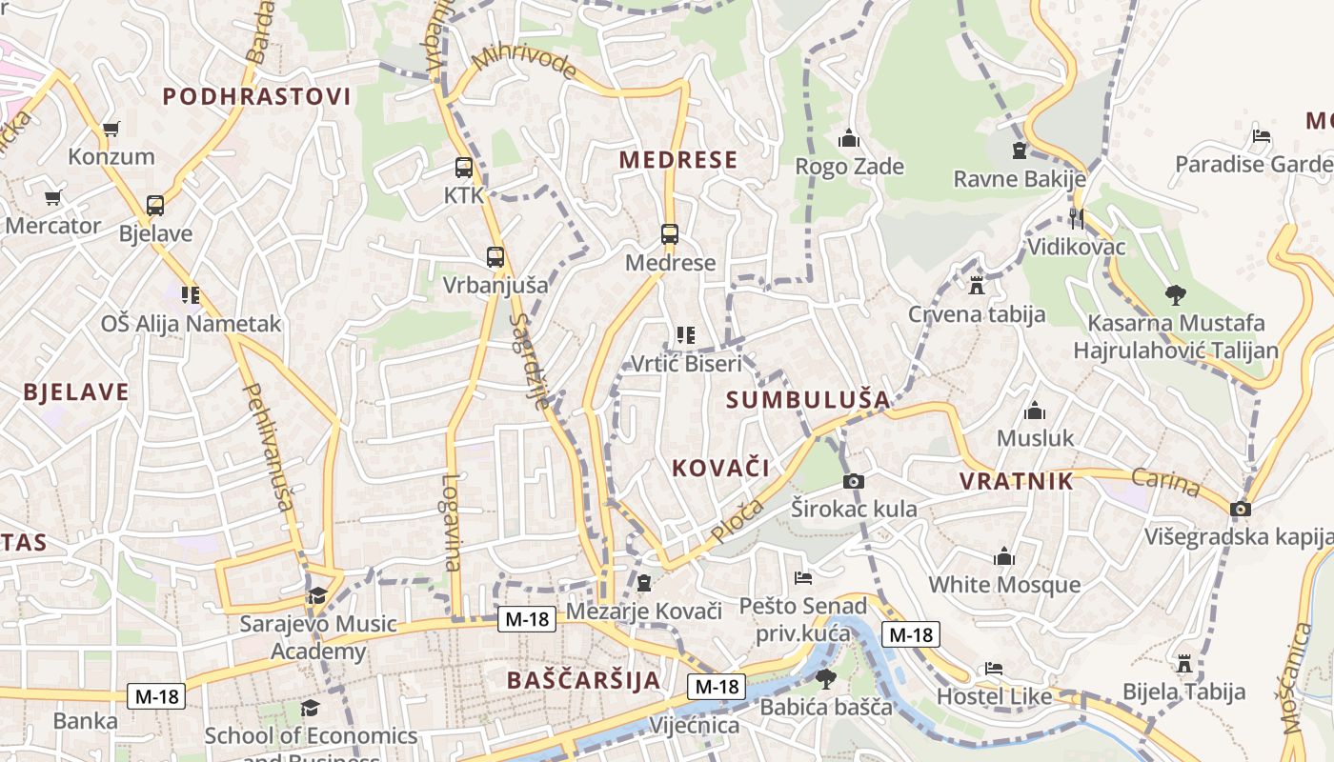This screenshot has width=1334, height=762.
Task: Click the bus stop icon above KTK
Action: coord(464,169)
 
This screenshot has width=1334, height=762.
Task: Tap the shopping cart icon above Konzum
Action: coord(111,130)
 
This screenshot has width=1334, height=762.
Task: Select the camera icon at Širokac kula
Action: coord(854,481)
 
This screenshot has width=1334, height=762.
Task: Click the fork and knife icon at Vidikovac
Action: coord(1077,219)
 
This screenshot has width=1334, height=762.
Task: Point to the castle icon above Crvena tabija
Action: coord(976,285)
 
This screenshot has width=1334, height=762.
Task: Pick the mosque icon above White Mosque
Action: coord(1004,556)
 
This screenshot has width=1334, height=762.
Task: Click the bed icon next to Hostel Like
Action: coord(994,669)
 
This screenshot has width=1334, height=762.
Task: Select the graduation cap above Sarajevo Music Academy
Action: coord(316,596)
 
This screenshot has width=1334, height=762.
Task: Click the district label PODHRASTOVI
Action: coord(257,96)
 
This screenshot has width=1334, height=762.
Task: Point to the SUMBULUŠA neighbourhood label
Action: coord(808,400)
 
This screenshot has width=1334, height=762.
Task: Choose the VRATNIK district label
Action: coord(1017,481)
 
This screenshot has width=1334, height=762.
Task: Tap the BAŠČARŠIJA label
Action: coord(584,680)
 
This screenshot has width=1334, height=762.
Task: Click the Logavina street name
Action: coord(451,523)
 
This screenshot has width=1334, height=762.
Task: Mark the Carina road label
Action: coord(1166,483)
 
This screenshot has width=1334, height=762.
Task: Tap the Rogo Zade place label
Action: coord(850,167)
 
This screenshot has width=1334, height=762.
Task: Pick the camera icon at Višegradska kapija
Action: coord(1240,510)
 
